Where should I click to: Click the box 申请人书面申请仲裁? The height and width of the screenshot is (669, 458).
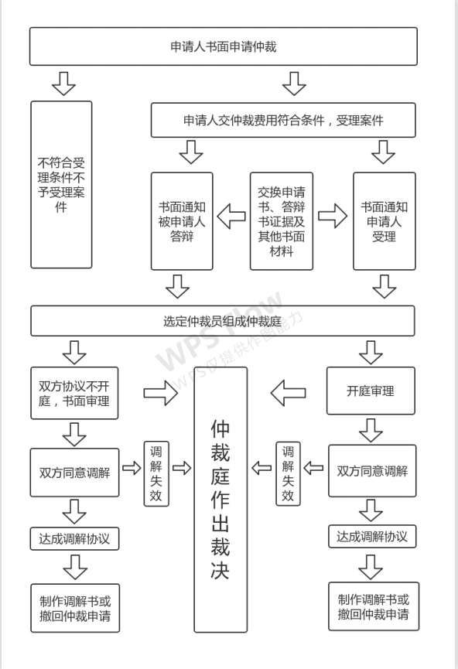tap(224, 46)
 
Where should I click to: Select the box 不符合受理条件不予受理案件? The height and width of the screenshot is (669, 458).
tap(61, 185)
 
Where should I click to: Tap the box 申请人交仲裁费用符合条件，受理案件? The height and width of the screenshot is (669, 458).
tap(283, 120)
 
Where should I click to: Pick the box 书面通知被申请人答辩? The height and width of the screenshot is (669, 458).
tap(182, 221)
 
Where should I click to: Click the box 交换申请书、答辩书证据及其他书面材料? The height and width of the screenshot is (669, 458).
tap(282, 221)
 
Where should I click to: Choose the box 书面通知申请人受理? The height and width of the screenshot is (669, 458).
tap(385, 221)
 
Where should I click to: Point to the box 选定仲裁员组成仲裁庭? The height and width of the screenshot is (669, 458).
tap(222, 321)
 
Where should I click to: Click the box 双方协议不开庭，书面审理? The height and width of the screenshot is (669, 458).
tap(74, 393)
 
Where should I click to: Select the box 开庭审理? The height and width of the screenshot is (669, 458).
tap(371, 391)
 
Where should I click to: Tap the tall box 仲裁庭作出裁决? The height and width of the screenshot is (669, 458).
tap(220, 500)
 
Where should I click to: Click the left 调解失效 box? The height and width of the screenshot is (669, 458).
tap(156, 473)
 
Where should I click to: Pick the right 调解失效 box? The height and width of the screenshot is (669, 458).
tap(288, 473)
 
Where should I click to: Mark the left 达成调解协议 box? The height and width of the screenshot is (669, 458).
tap(75, 539)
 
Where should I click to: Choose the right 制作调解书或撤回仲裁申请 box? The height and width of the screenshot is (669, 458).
tap(374, 606)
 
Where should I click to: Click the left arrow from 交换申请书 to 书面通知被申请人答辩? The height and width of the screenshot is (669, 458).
tap(231, 216)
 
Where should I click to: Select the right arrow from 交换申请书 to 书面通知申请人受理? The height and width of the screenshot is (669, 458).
tap(333, 216)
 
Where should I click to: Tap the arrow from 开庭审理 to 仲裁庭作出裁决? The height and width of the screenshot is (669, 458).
tap(289, 393)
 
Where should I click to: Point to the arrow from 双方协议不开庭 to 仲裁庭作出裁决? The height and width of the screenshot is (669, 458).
tap(160, 393)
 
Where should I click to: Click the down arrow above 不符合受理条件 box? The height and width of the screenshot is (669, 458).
tap(63, 84)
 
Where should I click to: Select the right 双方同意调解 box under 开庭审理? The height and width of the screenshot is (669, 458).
tap(372, 470)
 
